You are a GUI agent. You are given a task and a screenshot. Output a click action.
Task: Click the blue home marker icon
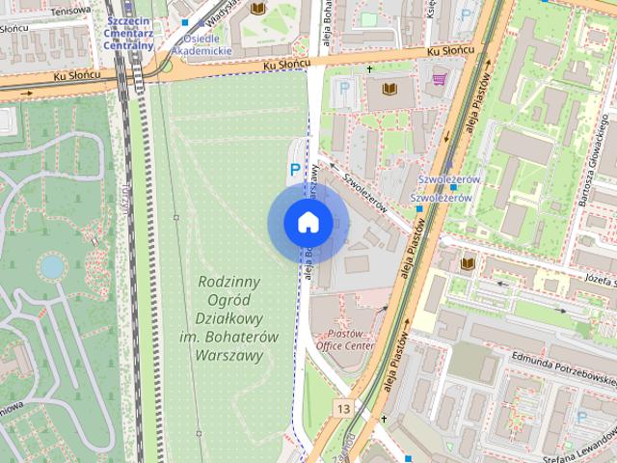click(x=307, y=223)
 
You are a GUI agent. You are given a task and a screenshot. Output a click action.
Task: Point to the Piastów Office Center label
click(x=344, y=339)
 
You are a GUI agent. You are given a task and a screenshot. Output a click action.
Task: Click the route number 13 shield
click(x=344, y=409)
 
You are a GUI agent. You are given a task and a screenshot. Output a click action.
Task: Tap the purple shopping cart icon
click(x=440, y=79)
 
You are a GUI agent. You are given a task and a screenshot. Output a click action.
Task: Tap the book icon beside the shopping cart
click(x=389, y=90)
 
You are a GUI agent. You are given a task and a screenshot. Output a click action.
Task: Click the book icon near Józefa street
click(x=468, y=263)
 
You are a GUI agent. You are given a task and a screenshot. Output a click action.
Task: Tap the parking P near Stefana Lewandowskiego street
click(x=581, y=416)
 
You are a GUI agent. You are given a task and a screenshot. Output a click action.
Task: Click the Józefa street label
click(x=598, y=282)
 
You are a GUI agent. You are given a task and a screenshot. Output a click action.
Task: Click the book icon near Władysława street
click(x=257, y=9)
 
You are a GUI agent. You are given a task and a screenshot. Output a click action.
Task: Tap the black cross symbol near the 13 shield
click(x=384, y=420)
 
